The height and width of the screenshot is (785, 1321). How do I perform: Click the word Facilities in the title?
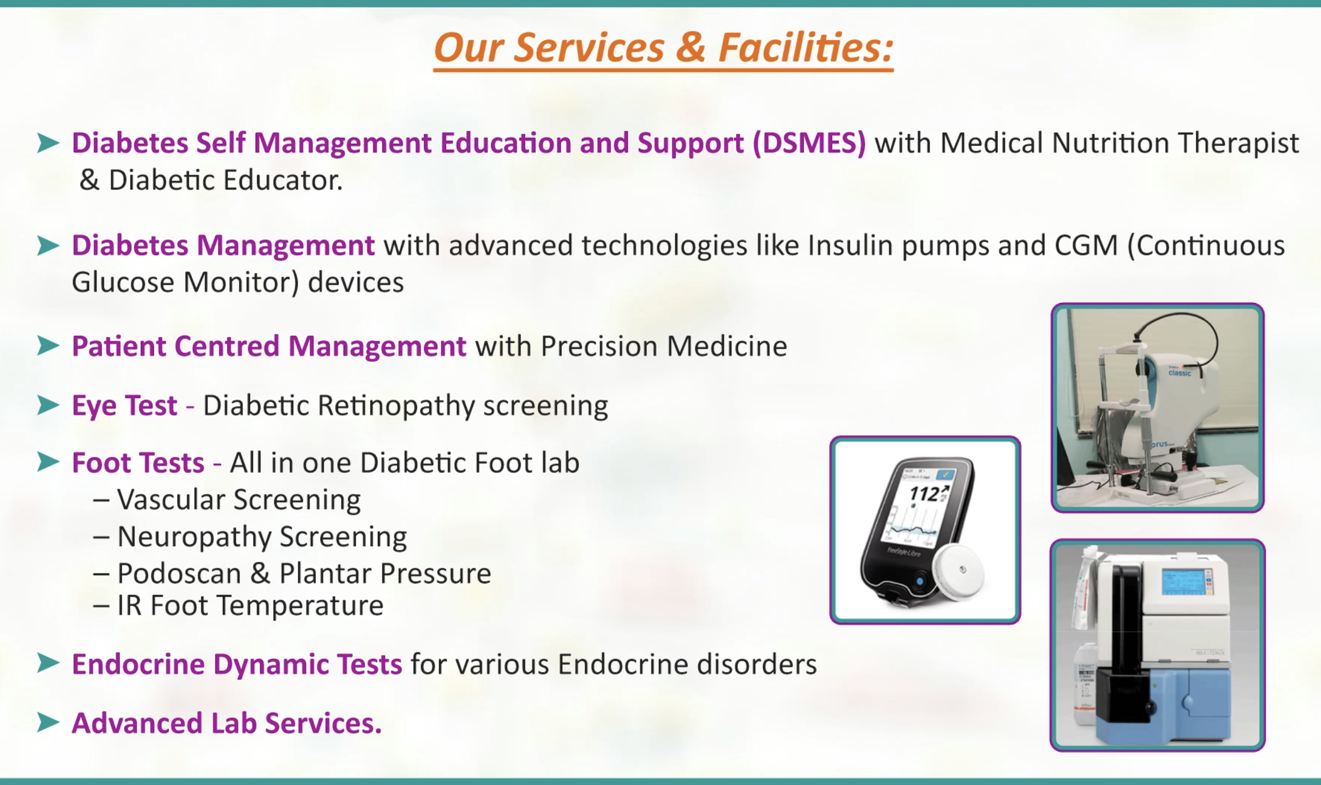806,48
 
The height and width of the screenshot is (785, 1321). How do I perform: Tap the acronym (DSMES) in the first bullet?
809,143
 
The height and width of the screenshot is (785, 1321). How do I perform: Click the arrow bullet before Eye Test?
48,405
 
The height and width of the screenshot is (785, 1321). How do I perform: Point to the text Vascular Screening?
239,500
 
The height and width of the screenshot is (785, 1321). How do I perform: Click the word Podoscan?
179,573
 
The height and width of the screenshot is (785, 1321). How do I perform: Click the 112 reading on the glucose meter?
924,494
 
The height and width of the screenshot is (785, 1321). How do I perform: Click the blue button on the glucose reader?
920,581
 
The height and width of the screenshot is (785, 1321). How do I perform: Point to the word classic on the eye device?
1180,373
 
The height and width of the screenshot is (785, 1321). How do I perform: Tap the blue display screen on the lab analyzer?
1184,582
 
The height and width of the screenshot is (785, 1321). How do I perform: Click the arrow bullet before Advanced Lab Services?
48,723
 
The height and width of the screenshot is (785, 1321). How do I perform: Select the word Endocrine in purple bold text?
138,664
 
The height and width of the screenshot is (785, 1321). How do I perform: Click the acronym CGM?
1086,245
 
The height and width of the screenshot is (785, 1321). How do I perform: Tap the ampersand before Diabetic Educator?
89,180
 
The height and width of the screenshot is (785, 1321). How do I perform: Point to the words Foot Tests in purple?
138,463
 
